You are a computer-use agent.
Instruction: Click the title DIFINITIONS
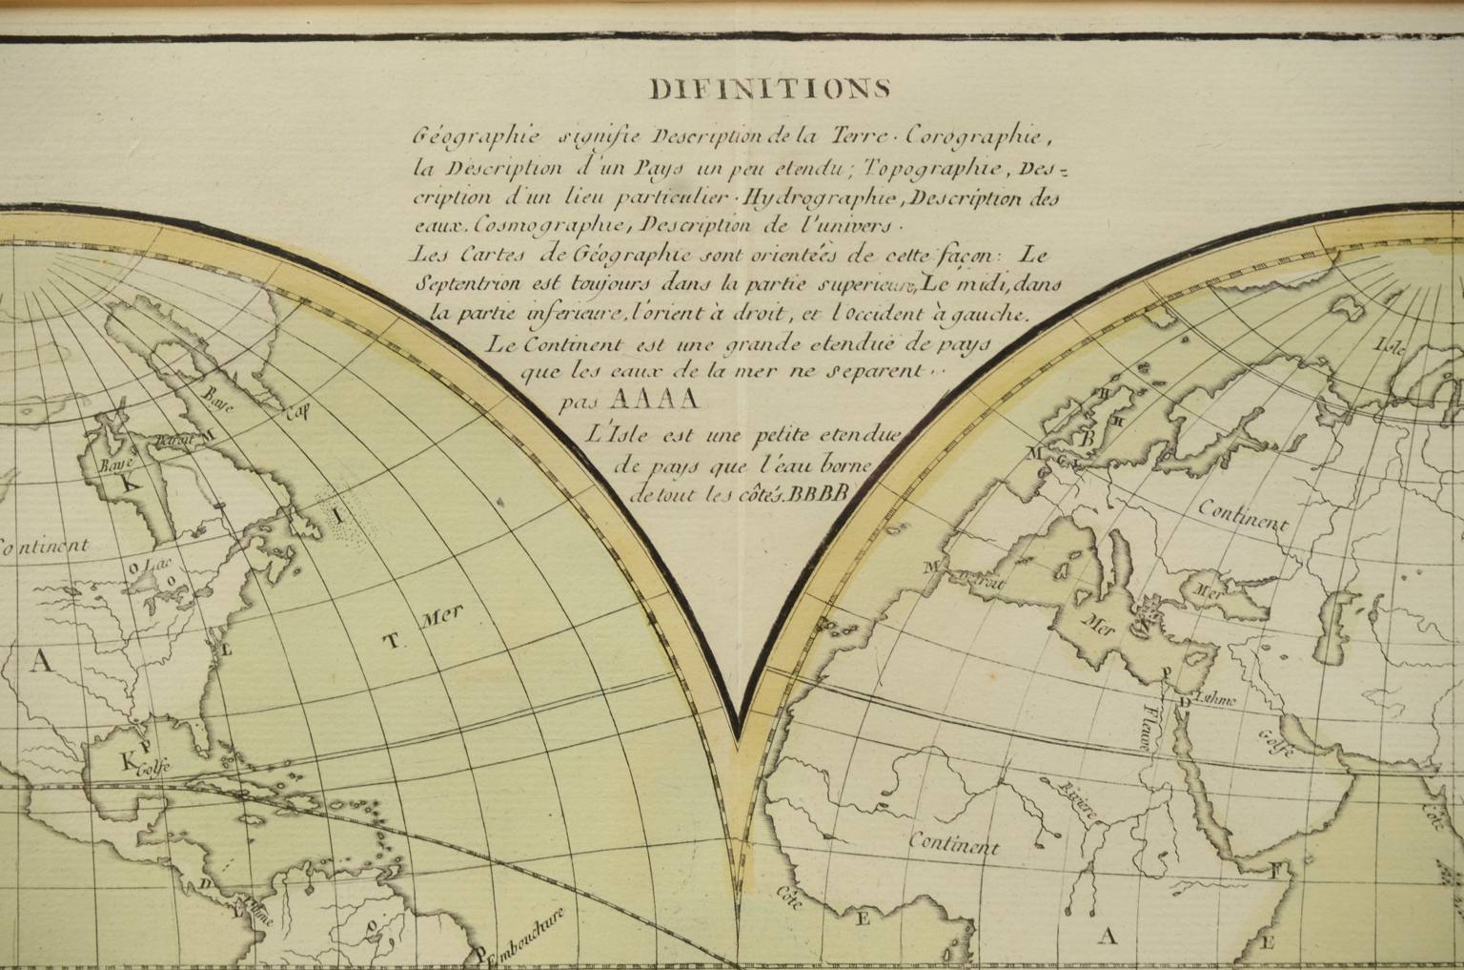point(770,89)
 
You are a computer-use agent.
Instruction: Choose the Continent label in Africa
point(953,843)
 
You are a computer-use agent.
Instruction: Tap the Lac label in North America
point(147,566)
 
